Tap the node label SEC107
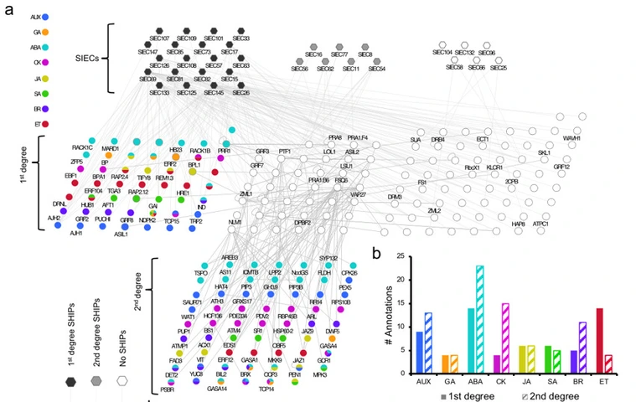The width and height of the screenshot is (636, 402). (x=159, y=39)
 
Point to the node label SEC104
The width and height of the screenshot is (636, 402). (x=443, y=53)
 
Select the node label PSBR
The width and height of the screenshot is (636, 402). (x=168, y=389)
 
